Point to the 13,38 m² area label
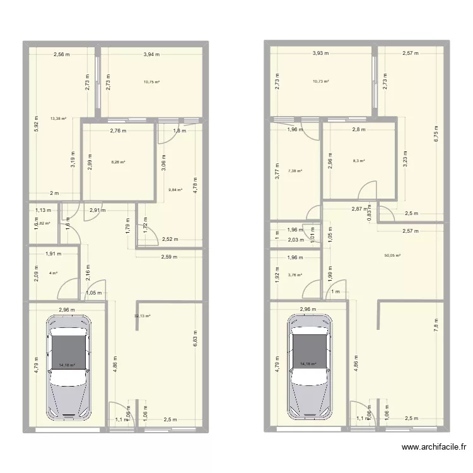59,118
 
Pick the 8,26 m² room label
118,162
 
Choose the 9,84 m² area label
175,189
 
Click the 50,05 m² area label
392,255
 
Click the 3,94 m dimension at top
151,55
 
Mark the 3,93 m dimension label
321,54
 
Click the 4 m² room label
54,273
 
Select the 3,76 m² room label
295,274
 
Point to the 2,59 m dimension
170,257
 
